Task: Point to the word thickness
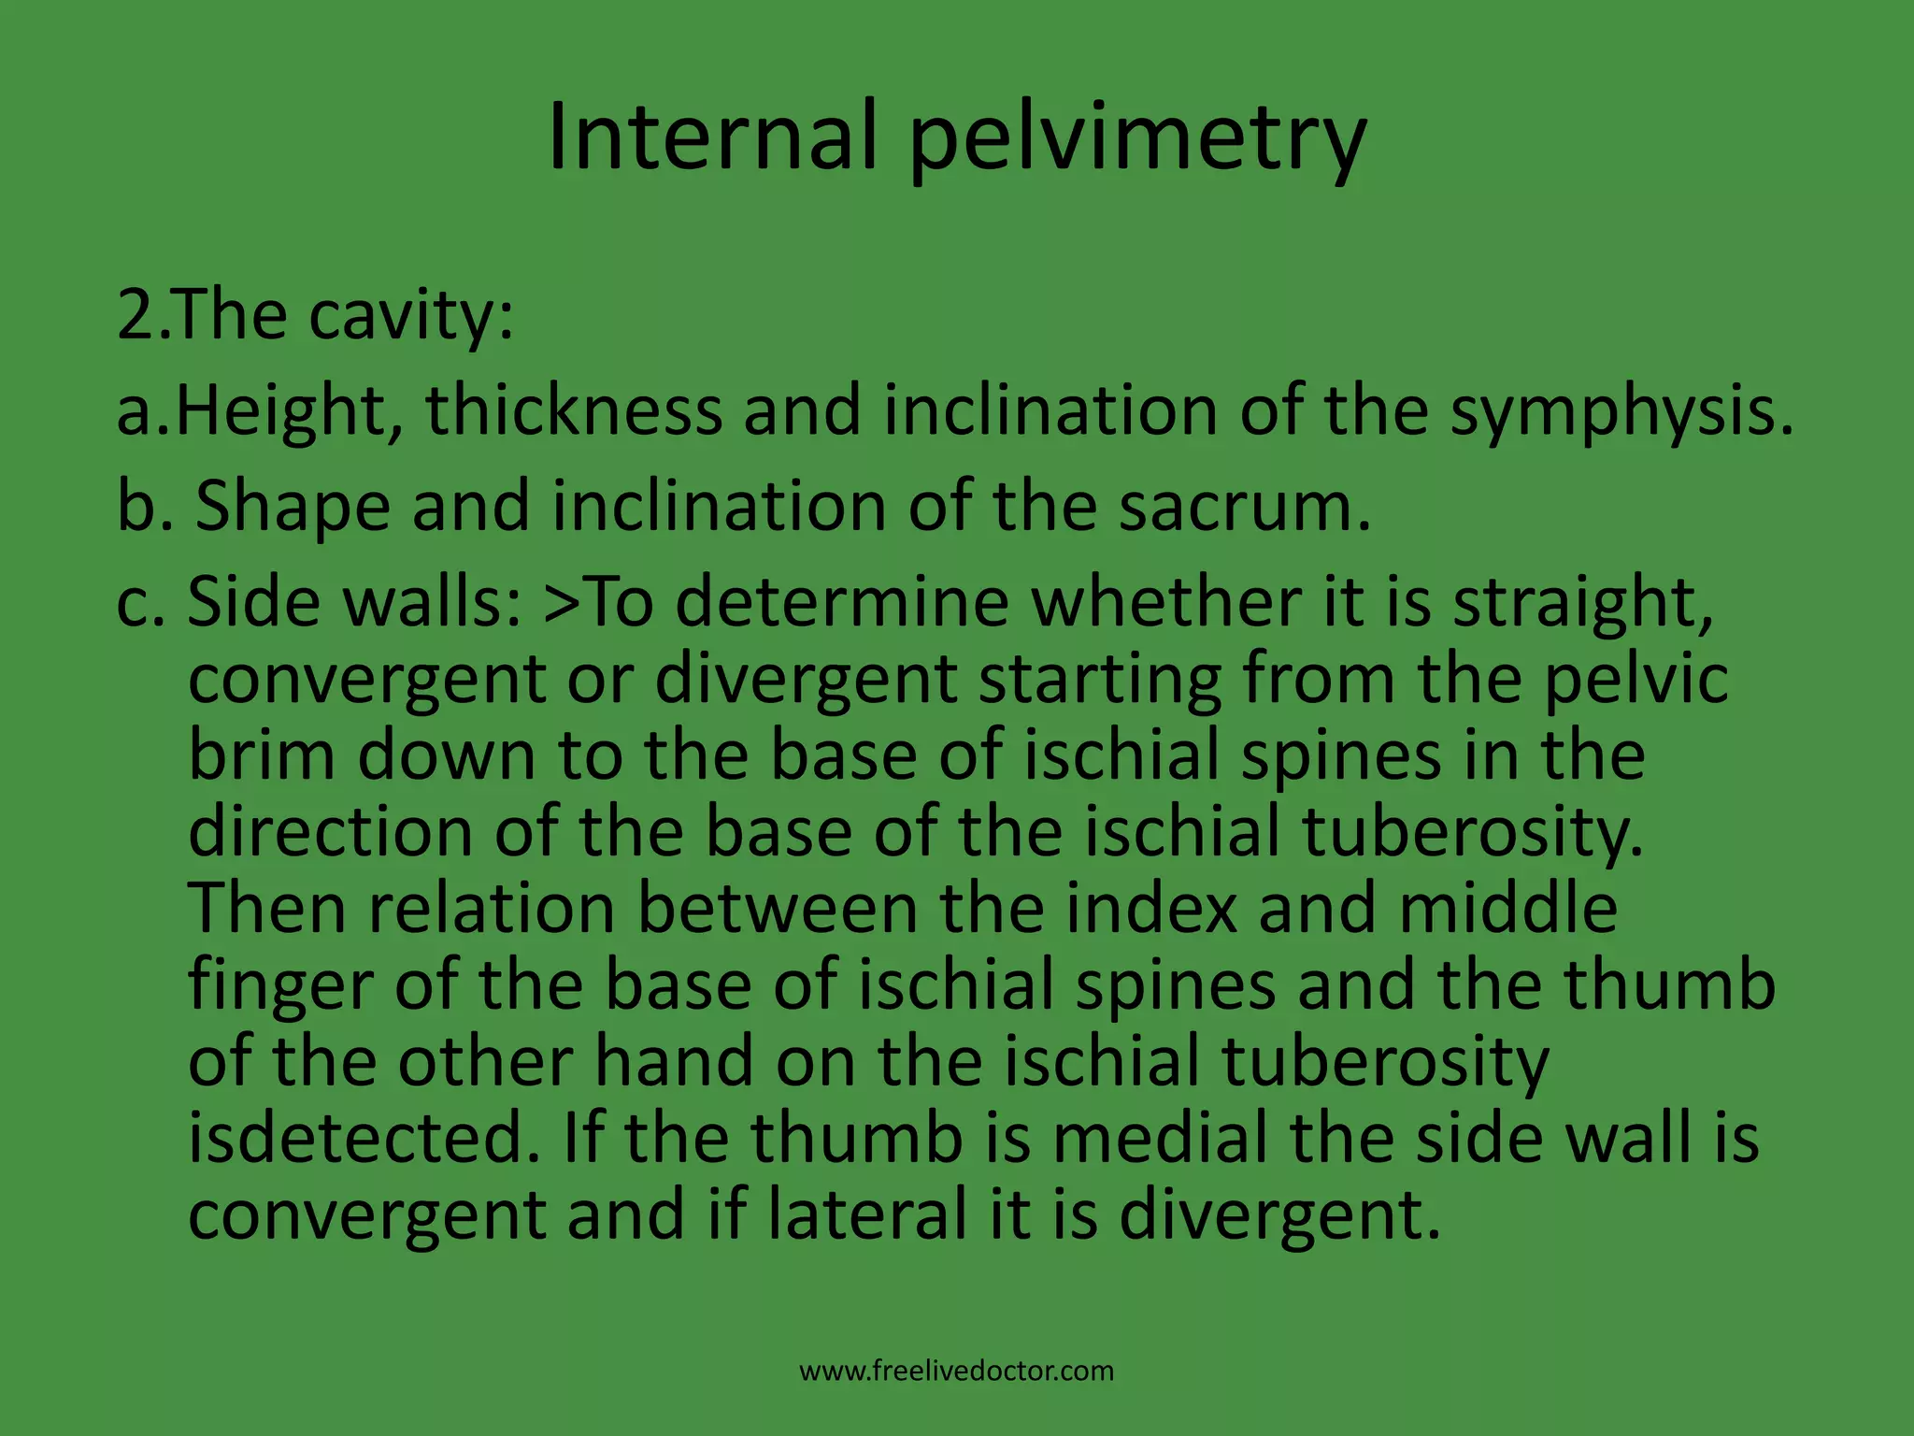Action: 574,412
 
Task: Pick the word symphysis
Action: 1621,412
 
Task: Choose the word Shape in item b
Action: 293,508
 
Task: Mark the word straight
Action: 1583,603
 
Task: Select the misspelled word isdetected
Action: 364,1138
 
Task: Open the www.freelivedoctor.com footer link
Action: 957,1371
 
